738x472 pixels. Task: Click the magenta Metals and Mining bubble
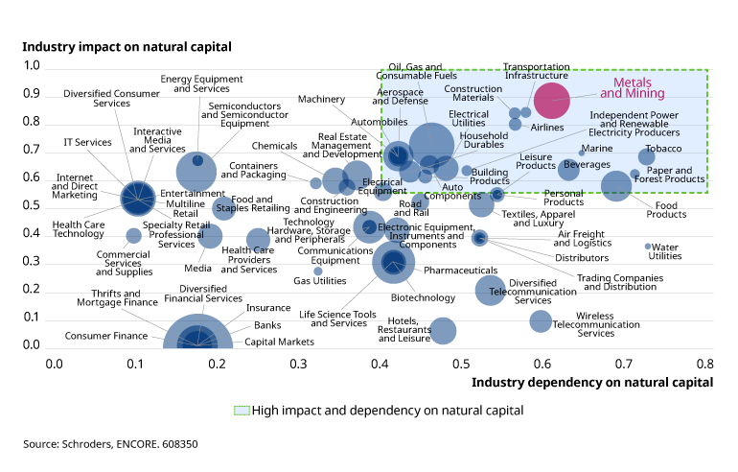552,99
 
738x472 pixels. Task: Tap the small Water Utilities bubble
648,247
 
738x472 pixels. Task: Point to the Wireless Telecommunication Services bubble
541,321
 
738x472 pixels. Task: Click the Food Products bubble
615,186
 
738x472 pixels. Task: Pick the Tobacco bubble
647,157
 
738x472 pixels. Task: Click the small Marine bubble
582,153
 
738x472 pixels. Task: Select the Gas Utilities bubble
318,271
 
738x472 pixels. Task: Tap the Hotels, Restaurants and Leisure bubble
443,331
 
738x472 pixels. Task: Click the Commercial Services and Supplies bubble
134,235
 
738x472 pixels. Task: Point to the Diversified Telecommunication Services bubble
491,291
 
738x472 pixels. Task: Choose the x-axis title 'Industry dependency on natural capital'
592,381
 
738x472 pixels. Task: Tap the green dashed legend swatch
242,410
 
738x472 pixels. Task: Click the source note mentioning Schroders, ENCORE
110,444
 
